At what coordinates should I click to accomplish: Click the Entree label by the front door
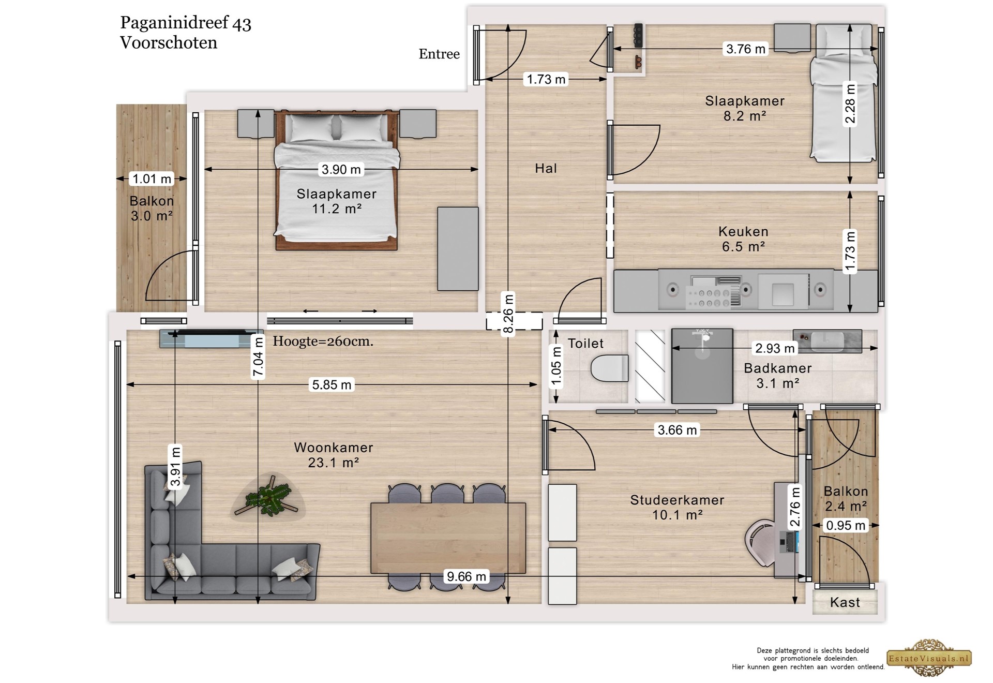tap(439, 54)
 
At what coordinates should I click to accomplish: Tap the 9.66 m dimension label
tap(467, 576)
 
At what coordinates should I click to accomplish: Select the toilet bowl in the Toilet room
tap(610, 368)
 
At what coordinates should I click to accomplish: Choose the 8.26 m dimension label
tap(508, 314)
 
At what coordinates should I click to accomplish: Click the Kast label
tap(845, 602)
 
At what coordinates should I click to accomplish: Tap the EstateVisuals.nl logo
tap(929, 658)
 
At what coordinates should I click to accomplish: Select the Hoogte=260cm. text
tap(323, 341)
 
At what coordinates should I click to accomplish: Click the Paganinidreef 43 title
tap(186, 23)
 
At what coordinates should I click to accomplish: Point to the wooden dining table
tap(448, 538)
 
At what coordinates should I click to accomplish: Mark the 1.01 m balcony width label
tap(152, 179)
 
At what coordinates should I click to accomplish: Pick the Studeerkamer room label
tap(677, 500)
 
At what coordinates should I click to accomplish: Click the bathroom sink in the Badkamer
tap(827, 341)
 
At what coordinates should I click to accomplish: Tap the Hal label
tap(546, 168)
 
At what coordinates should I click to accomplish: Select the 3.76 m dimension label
tap(745, 49)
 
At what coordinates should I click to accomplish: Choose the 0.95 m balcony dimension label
tap(845, 525)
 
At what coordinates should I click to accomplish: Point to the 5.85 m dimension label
tap(331, 384)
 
